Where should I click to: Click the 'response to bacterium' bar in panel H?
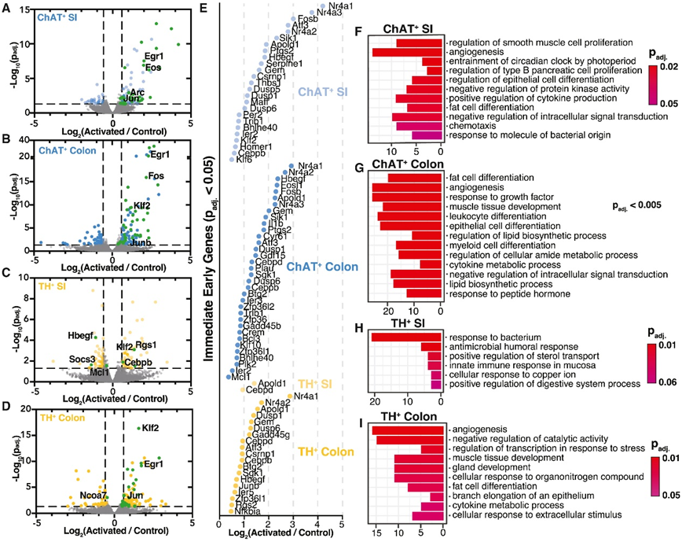(408, 337)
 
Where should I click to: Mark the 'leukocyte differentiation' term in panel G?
(500, 216)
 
